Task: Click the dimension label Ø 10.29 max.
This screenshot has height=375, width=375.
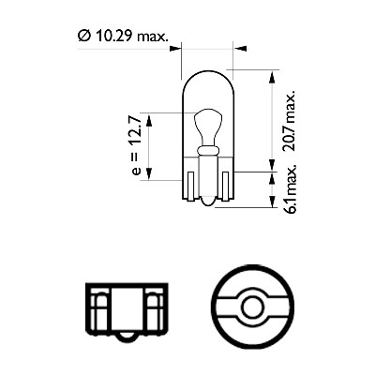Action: point(123,36)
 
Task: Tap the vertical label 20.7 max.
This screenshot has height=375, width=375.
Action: point(289,121)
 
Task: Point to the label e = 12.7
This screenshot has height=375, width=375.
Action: point(137,144)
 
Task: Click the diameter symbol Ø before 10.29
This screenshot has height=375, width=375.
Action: point(83,36)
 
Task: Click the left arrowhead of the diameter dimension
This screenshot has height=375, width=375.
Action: point(175,49)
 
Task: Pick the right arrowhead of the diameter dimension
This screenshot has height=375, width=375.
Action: point(240,49)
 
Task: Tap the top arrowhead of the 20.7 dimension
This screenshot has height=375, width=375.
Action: point(272,77)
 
